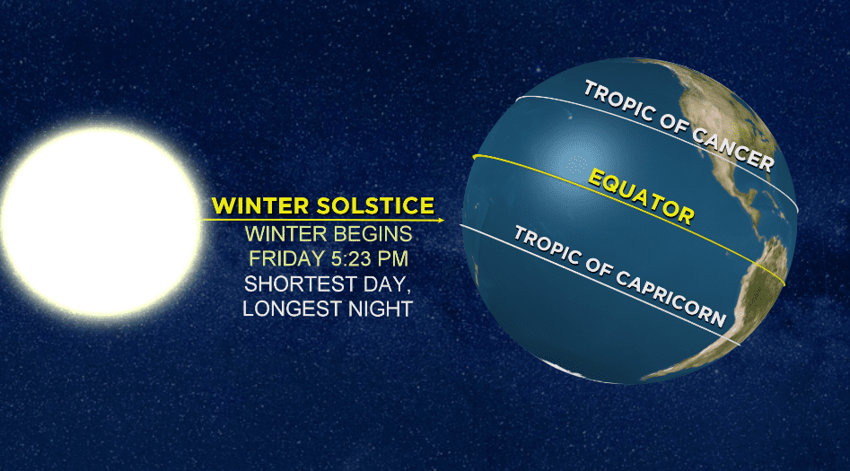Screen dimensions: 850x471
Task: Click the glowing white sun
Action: click(101, 221)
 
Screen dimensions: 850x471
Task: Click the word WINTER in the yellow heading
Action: click(260, 206)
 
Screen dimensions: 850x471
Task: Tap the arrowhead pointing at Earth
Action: click(441, 220)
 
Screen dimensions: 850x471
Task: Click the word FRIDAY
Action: click(286, 258)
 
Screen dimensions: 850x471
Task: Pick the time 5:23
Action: click(352, 258)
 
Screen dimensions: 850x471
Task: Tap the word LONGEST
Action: click(292, 309)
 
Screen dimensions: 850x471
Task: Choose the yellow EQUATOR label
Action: click(641, 197)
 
